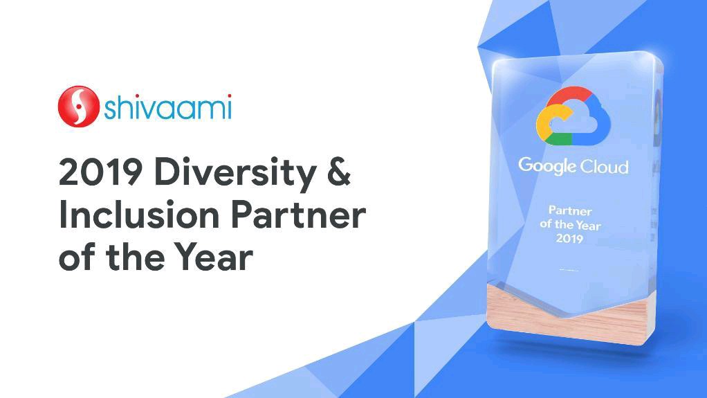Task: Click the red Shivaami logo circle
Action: pyautogui.click(x=78, y=107)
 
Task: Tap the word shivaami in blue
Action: pyautogui.click(x=168, y=107)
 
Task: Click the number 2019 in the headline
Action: pyautogui.click(x=100, y=172)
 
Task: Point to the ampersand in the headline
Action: pyautogui.click(x=338, y=172)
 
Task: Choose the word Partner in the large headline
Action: pyautogui.click(x=298, y=215)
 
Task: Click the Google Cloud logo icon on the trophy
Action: pyautogui.click(x=573, y=116)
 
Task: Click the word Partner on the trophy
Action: pyautogui.click(x=571, y=210)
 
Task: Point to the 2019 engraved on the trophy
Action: pyautogui.click(x=569, y=238)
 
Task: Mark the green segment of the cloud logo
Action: pyautogui.click(x=558, y=139)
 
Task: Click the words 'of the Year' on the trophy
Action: pyautogui.click(x=571, y=224)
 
